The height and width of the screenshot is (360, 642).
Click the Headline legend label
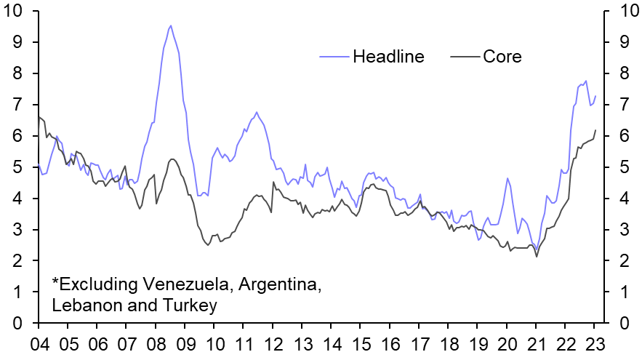coord(388,57)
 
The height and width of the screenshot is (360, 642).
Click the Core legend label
coord(502,57)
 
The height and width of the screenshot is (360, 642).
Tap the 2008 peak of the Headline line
coord(171,26)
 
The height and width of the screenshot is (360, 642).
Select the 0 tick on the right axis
coord(622,324)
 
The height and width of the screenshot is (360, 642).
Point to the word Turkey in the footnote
coord(193,306)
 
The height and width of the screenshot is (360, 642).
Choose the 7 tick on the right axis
coord(622,105)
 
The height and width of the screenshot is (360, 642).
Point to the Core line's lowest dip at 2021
coord(537,256)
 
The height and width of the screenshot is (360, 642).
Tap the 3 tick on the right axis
coord(622,230)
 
